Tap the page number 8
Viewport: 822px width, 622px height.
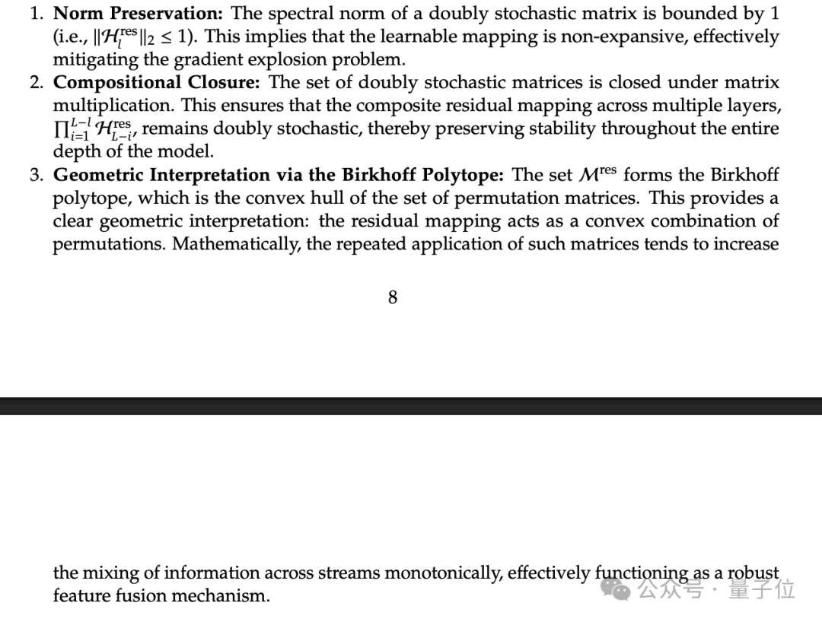393,297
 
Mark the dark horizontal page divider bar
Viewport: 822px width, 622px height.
411,405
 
